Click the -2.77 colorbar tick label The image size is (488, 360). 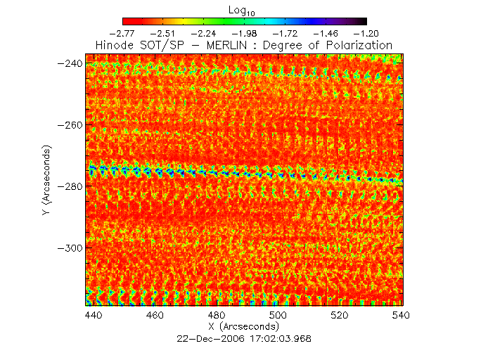[x=124, y=32]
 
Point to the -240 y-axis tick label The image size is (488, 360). [x=71, y=63]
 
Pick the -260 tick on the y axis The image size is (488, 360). [x=71, y=125]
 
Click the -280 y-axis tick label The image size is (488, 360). [x=71, y=187]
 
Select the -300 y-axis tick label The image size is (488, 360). [x=71, y=249]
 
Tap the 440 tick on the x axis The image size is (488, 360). [x=94, y=316]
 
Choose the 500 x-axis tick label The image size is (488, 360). [x=278, y=316]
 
